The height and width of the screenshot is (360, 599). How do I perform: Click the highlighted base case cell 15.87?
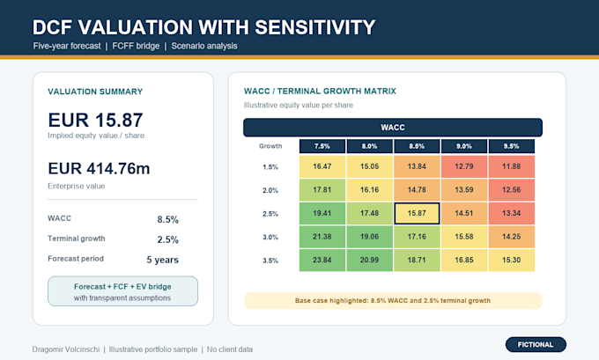[417, 213]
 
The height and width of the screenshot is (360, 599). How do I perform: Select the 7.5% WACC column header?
[322, 146]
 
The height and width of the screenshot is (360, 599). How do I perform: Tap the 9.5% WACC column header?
[512, 146]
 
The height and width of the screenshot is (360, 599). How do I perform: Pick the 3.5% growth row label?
[270, 261]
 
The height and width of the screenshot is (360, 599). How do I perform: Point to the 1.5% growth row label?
[270, 167]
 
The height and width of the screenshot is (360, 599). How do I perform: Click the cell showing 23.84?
[322, 260]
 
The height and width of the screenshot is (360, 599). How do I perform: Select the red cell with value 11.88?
[512, 166]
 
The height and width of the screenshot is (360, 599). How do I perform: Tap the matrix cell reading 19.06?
[369, 237]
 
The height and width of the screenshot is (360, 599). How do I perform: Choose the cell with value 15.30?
[512, 260]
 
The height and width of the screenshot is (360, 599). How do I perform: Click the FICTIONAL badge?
[536, 344]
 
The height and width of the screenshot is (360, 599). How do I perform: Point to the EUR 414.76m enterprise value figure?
[99, 168]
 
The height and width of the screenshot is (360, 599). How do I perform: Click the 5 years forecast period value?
[163, 260]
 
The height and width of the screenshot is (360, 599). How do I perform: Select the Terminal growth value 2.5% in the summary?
[167, 239]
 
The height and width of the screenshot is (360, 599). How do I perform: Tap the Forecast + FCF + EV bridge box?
[122, 291]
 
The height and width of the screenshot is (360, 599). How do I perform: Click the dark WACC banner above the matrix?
[393, 128]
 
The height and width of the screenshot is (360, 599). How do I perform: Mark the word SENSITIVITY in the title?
[315, 27]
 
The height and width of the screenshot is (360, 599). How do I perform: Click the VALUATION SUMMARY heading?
[95, 92]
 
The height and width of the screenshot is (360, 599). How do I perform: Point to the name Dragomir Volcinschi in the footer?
[66, 349]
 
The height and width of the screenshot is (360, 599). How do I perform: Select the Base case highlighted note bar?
[393, 301]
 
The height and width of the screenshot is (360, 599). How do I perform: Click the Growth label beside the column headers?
[270, 146]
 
